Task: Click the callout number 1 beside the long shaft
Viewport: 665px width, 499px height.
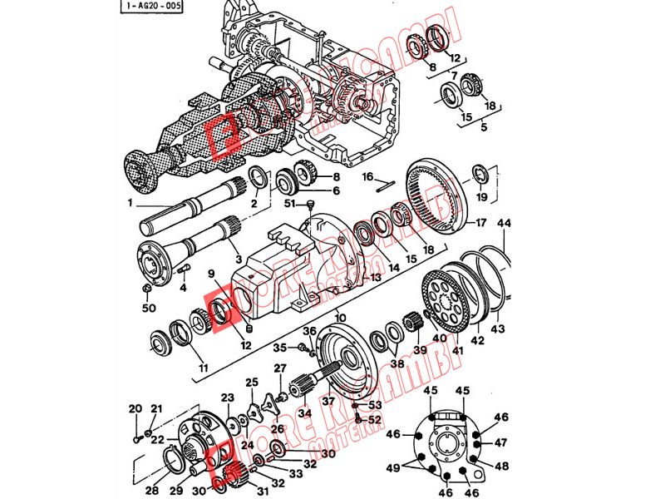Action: tap(130, 203)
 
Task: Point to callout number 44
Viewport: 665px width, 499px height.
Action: tap(505, 223)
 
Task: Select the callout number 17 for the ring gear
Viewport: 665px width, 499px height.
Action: tap(480, 223)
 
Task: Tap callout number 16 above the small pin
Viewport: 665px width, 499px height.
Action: tap(367, 176)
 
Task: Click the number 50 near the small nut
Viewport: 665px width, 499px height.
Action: tap(150, 309)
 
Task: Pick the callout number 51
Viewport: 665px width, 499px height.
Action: tap(290, 203)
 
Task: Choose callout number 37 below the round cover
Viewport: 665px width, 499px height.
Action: tap(328, 402)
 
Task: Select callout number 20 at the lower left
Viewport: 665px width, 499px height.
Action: tap(136, 408)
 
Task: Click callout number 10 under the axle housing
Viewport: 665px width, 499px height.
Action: tap(340, 317)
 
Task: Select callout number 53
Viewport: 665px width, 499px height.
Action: tap(375, 405)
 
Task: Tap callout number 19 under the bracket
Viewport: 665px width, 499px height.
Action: tap(481, 197)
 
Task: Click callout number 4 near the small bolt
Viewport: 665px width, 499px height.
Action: tap(182, 288)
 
